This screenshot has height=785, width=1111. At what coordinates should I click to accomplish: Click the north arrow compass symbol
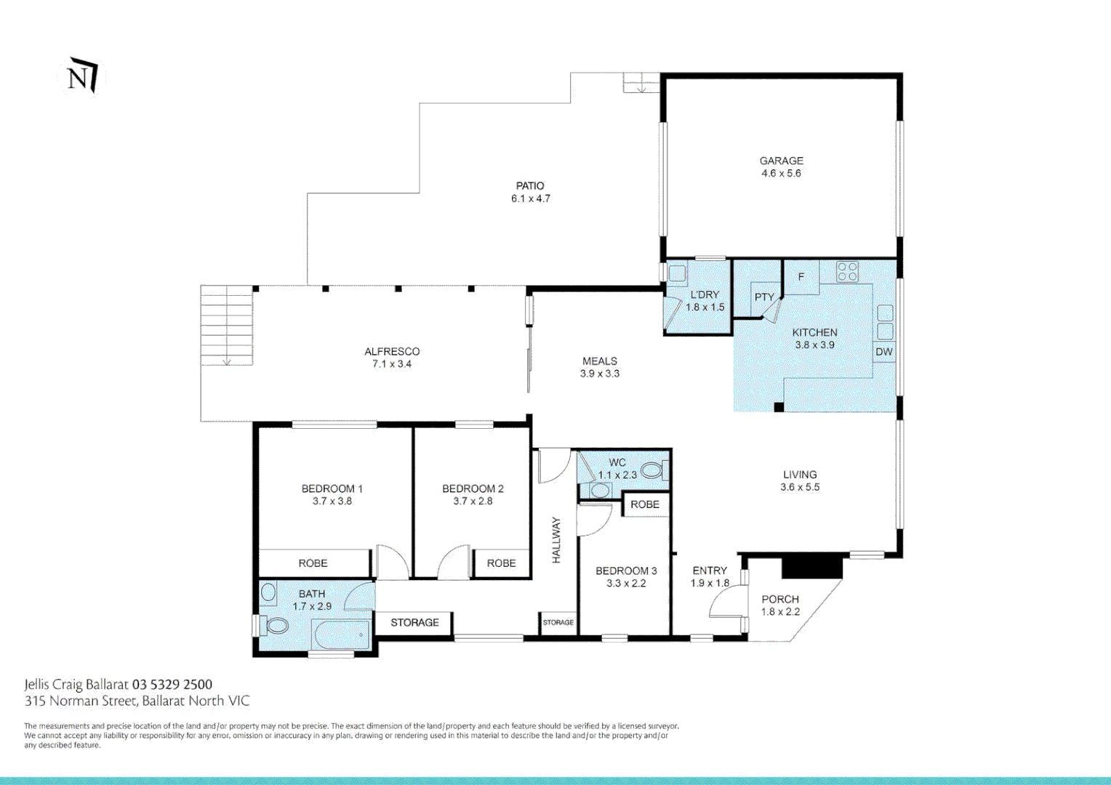click(82, 76)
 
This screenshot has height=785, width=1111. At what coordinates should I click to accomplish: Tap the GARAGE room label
click(781, 161)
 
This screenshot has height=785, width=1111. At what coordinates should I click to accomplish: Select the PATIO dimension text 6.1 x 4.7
click(530, 198)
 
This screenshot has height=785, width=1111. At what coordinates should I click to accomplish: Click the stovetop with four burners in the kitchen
click(846, 272)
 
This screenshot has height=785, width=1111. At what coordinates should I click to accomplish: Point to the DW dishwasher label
click(884, 352)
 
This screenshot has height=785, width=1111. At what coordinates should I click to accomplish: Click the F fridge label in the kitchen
click(801, 277)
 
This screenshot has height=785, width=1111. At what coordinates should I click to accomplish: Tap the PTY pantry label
click(763, 297)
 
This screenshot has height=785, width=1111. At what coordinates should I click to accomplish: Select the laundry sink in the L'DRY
click(676, 273)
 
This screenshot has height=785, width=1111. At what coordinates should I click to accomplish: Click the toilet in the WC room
click(654, 470)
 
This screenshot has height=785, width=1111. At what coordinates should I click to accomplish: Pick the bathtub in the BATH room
click(342, 635)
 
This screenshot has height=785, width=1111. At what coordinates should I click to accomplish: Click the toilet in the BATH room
click(273, 625)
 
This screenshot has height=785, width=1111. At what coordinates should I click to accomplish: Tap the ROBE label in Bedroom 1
click(313, 563)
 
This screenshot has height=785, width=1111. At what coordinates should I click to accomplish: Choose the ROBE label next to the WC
click(645, 504)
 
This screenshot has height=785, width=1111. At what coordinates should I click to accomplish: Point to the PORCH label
click(780, 599)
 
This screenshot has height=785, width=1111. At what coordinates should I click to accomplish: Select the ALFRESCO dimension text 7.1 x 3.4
click(392, 363)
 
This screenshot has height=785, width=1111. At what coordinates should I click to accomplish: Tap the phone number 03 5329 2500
click(172, 685)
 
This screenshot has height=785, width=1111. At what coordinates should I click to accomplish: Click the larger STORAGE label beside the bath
click(414, 622)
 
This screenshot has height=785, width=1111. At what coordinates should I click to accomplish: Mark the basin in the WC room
click(600, 490)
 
